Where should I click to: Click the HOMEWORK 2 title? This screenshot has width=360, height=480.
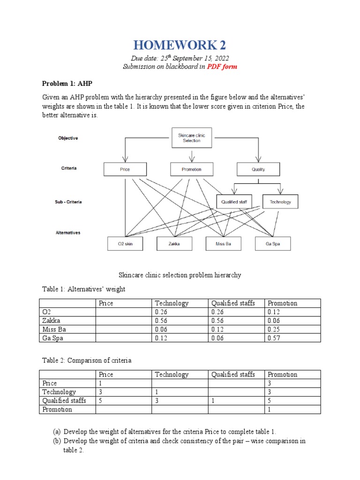tap(180, 45)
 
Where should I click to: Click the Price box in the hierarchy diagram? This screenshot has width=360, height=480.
tap(125, 169)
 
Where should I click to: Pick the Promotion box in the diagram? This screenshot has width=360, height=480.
tap(191, 169)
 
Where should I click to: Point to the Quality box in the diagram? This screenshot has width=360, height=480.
tap(258, 169)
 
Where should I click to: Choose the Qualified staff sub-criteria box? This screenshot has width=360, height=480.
tap(234, 202)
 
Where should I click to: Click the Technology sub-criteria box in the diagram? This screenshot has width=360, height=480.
tap(280, 202)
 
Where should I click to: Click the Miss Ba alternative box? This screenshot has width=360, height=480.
tap(223, 244)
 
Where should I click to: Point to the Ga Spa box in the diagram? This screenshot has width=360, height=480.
tap(273, 244)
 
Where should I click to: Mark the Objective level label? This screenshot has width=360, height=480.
tap(68, 138)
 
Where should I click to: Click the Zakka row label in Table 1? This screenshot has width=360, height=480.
tap(50, 321)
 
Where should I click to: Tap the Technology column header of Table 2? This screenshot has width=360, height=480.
tap(172, 375)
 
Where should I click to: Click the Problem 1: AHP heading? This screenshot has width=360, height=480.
tap(67, 84)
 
